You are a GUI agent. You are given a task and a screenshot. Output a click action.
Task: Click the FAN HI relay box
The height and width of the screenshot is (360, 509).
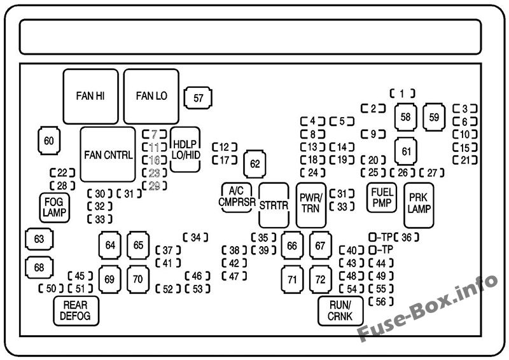(90, 96)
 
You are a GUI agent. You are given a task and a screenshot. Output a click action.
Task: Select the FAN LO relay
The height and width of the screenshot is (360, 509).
(151, 96)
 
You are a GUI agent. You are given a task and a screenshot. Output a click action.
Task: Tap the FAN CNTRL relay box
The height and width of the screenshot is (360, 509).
(108, 155)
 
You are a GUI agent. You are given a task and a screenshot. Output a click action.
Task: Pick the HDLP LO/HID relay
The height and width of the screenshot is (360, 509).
(185, 149)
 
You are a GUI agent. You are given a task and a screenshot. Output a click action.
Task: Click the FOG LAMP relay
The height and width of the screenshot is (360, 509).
(55, 207)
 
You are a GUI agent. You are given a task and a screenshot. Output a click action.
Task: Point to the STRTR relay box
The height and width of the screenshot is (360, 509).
(274, 205)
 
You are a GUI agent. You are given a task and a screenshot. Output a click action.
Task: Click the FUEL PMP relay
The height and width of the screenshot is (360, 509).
(382, 198)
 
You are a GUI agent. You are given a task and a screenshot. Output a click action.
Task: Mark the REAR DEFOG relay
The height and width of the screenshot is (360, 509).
(76, 310)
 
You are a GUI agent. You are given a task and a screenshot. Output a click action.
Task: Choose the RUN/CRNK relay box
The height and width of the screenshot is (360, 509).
(340, 310)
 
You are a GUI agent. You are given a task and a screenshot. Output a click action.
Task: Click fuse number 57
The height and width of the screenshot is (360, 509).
(198, 98)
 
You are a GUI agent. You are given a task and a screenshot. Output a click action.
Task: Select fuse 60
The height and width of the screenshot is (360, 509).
(49, 141)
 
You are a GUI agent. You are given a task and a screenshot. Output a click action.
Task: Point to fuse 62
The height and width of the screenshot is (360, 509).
(255, 164)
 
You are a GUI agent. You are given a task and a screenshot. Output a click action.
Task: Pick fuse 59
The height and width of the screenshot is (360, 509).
(434, 117)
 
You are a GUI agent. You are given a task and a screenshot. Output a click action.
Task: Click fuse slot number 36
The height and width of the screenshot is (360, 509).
(407, 237)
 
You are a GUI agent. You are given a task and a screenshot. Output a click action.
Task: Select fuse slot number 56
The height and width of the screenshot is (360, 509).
(380, 301)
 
